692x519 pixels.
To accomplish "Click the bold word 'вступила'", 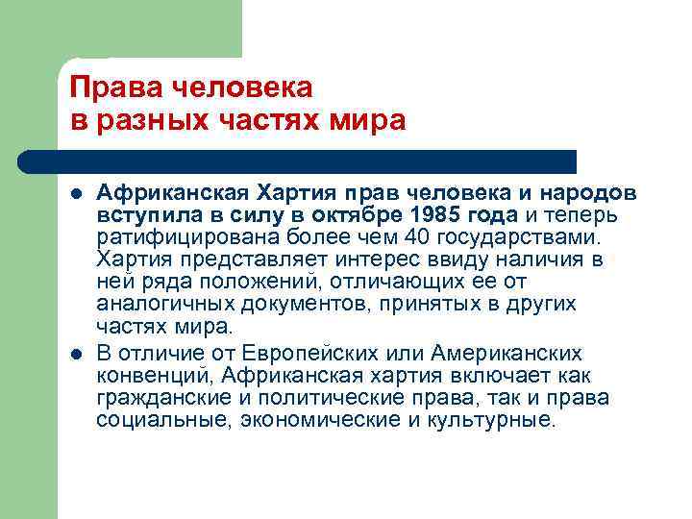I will pos(139,212).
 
